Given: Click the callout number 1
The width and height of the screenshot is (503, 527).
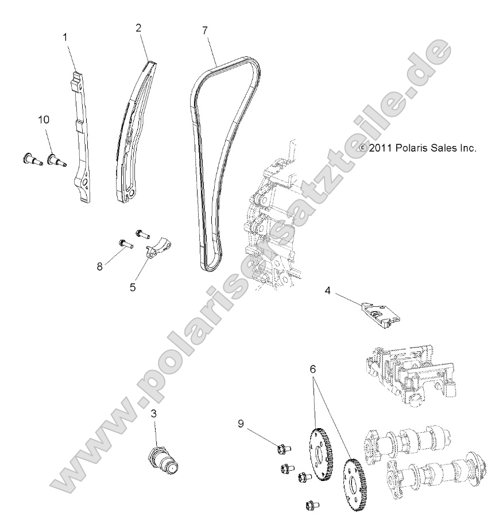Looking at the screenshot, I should (65, 37).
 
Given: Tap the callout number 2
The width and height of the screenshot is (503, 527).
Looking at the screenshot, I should (138, 28).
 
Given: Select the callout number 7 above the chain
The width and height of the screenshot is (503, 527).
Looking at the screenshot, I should (204, 30).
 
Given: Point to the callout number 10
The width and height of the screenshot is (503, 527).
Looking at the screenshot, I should (44, 120).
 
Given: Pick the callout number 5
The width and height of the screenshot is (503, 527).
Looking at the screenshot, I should (133, 287).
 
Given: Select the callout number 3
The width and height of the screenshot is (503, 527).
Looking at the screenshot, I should (154, 413).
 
